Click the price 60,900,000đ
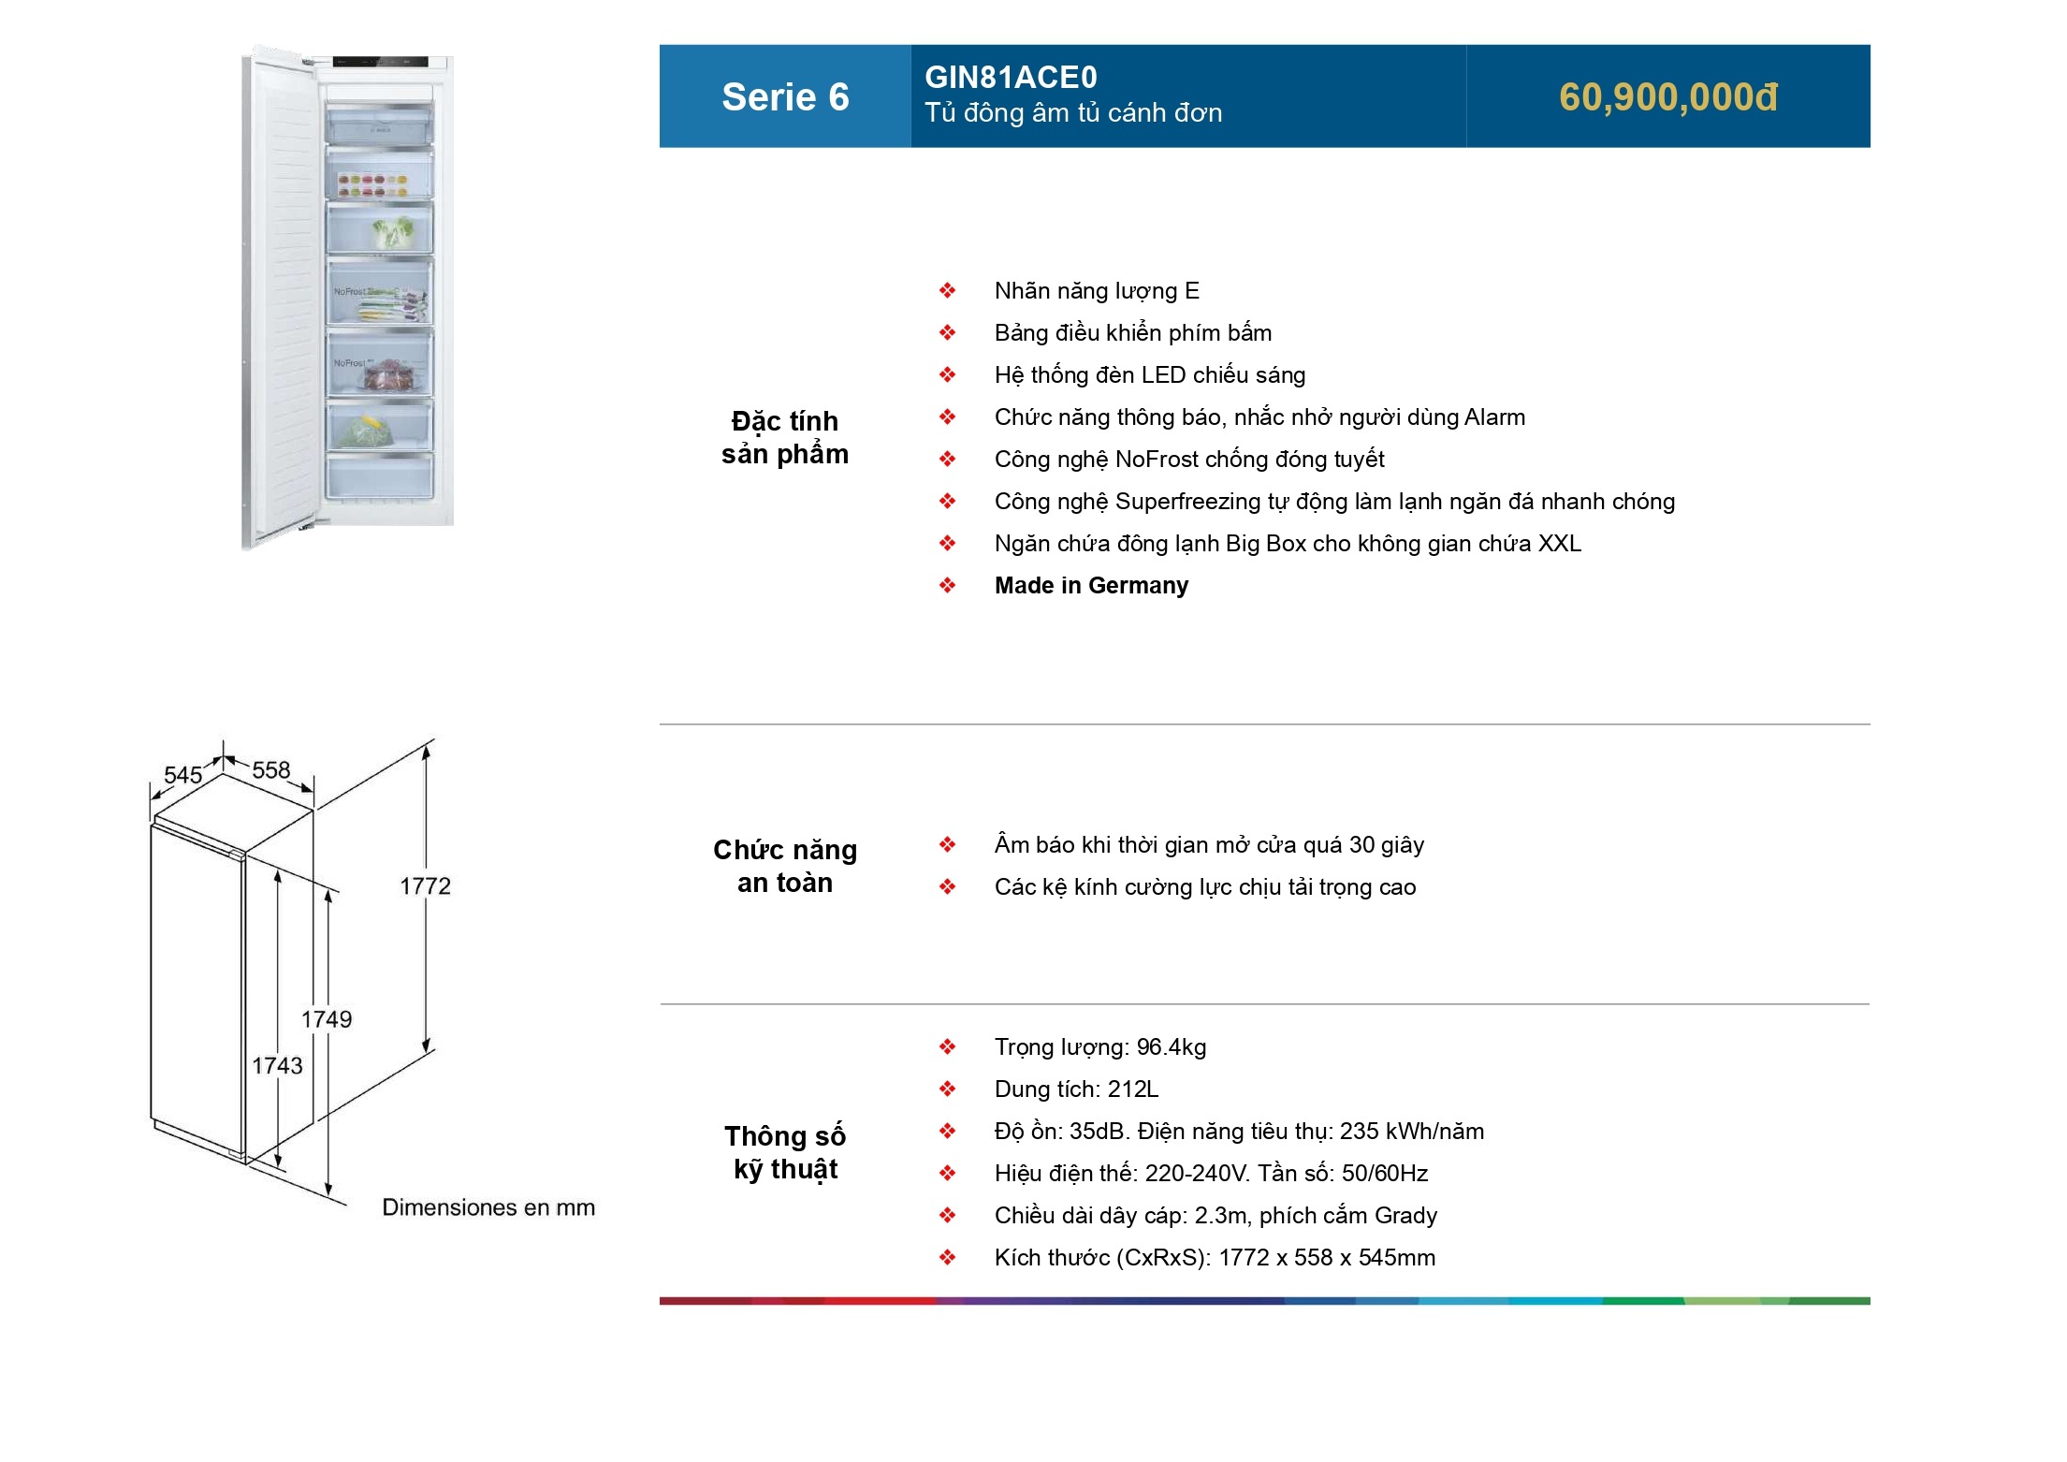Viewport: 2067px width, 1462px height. pos(1667,97)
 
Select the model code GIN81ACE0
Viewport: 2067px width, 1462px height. pos(1011,77)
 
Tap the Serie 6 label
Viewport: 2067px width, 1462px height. pos(785,97)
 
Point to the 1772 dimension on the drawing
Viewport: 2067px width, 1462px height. pos(425,885)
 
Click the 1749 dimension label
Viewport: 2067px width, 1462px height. pos(327,1018)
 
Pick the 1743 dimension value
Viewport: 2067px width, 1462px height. pos(277,1065)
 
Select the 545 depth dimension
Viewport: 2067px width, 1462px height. pos(182,775)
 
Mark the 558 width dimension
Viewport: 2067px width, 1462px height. pos(271,769)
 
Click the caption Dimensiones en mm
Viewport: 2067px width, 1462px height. pos(488,1207)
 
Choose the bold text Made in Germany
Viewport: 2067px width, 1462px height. pos(1091,586)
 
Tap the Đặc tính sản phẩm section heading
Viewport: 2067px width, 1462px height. pos(785,437)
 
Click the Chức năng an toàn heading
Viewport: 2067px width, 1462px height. pos(785,866)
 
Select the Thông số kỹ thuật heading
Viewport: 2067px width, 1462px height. pos(785,1152)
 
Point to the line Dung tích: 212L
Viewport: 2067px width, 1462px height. pos(1076,1089)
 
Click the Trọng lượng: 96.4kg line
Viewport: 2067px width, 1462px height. pos(1100,1047)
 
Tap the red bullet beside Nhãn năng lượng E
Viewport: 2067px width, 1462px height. pos(948,291)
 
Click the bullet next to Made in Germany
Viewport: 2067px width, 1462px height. pos(948,586)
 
